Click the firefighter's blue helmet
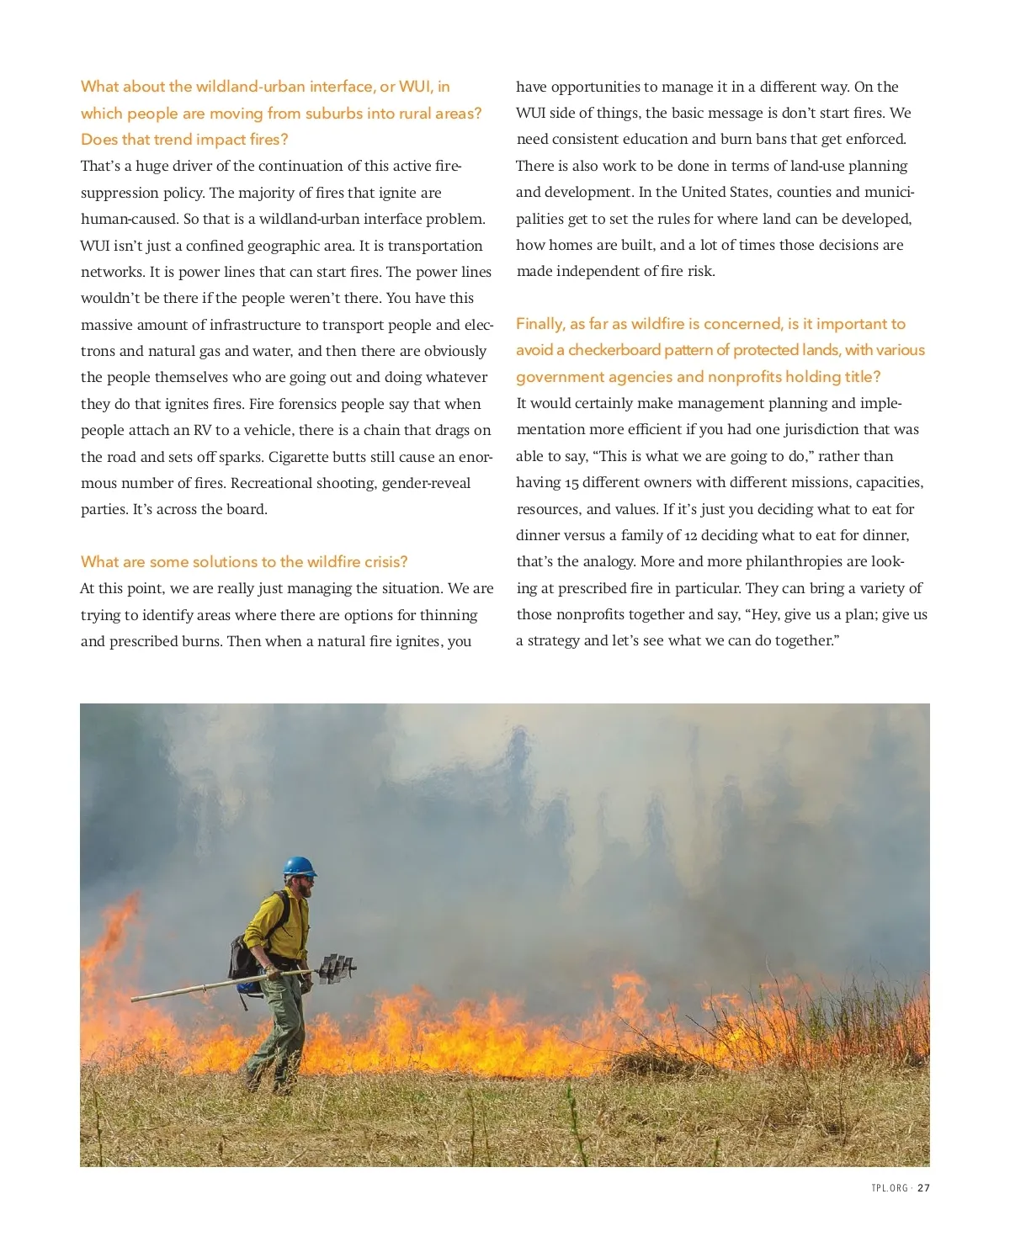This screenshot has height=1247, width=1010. [x=299, y=867]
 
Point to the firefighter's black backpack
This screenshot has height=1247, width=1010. [x=244, y=955]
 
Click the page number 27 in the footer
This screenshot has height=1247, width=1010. [x=924, y=1188]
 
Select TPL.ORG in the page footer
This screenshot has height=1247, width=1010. [x=890, y=1188]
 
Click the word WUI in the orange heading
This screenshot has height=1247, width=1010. [x=415, y=87]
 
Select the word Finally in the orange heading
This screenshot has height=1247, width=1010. [x=540, y=324]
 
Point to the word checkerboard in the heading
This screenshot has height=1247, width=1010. [x=614, y=350]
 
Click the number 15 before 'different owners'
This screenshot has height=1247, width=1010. [x=571, y=483]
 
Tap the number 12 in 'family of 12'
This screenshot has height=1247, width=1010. [x=689, y=536]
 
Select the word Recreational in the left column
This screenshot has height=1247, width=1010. [x=303, y=483]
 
